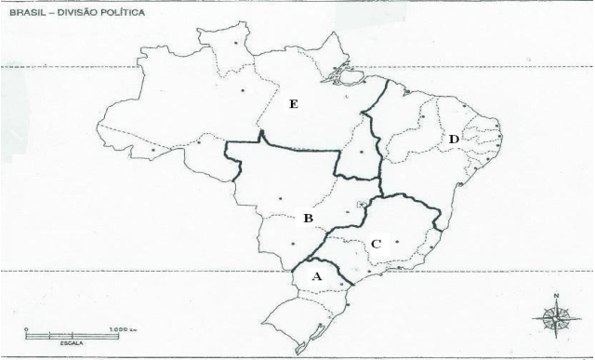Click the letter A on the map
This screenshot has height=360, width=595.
click(x=317, y=276)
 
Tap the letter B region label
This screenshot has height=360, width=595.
click(x=307, y=219)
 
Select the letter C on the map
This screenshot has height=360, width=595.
click(x=376, y=244)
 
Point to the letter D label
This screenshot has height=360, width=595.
click(x=453, y=140)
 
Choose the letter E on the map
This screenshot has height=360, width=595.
click(x=294, y=105)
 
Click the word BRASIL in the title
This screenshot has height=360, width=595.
click(x=27, y=15)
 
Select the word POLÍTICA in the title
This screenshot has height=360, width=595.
click(x=129, y=15)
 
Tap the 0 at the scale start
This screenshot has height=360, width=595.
click(x=28, y=329)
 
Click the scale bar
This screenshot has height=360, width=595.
click(x=73, y=336)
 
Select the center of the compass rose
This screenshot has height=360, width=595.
click(x=555, y=317)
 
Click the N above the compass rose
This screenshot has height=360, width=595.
click(x=556, y=298)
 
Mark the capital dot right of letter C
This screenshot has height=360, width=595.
click(x=398, y=242)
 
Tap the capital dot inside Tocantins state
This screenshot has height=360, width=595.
click(x=361, y=150)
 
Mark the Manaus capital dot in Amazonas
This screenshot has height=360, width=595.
click(x=243, y=90)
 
